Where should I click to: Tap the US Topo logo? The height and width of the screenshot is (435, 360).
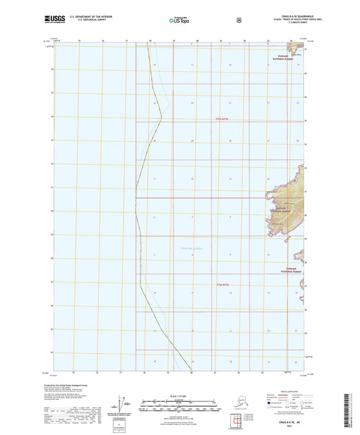pos(180,20)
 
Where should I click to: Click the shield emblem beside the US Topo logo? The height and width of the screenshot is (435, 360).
pos(238,20)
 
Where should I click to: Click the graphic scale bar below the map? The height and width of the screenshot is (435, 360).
pos(180,401)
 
